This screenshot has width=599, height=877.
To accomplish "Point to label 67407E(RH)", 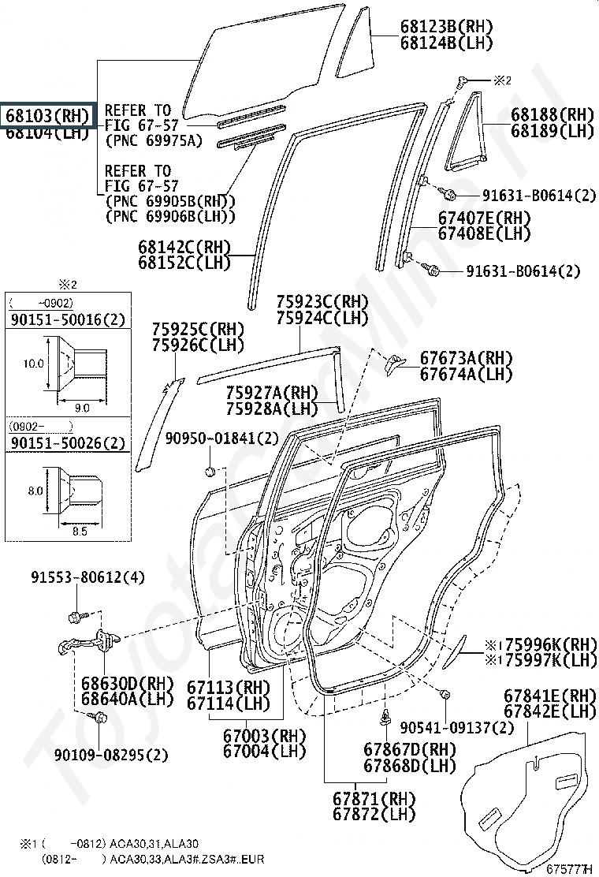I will point(484,218).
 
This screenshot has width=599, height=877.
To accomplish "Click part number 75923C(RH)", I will point(322,302).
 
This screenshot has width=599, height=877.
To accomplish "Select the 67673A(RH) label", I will point(466,358).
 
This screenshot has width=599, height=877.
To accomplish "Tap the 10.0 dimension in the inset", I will point(34,364).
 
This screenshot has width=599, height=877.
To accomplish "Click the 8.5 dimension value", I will point(80,532).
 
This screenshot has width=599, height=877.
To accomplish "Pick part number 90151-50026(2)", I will point(67,443).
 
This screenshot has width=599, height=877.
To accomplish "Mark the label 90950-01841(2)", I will point(222,438).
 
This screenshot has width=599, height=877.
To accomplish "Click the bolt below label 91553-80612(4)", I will point(75,616).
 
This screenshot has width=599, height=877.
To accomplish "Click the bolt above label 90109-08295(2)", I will point(100,718).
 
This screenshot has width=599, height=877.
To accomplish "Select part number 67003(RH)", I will point(263,735).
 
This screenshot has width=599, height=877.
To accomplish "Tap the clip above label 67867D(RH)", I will point(386,718).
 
